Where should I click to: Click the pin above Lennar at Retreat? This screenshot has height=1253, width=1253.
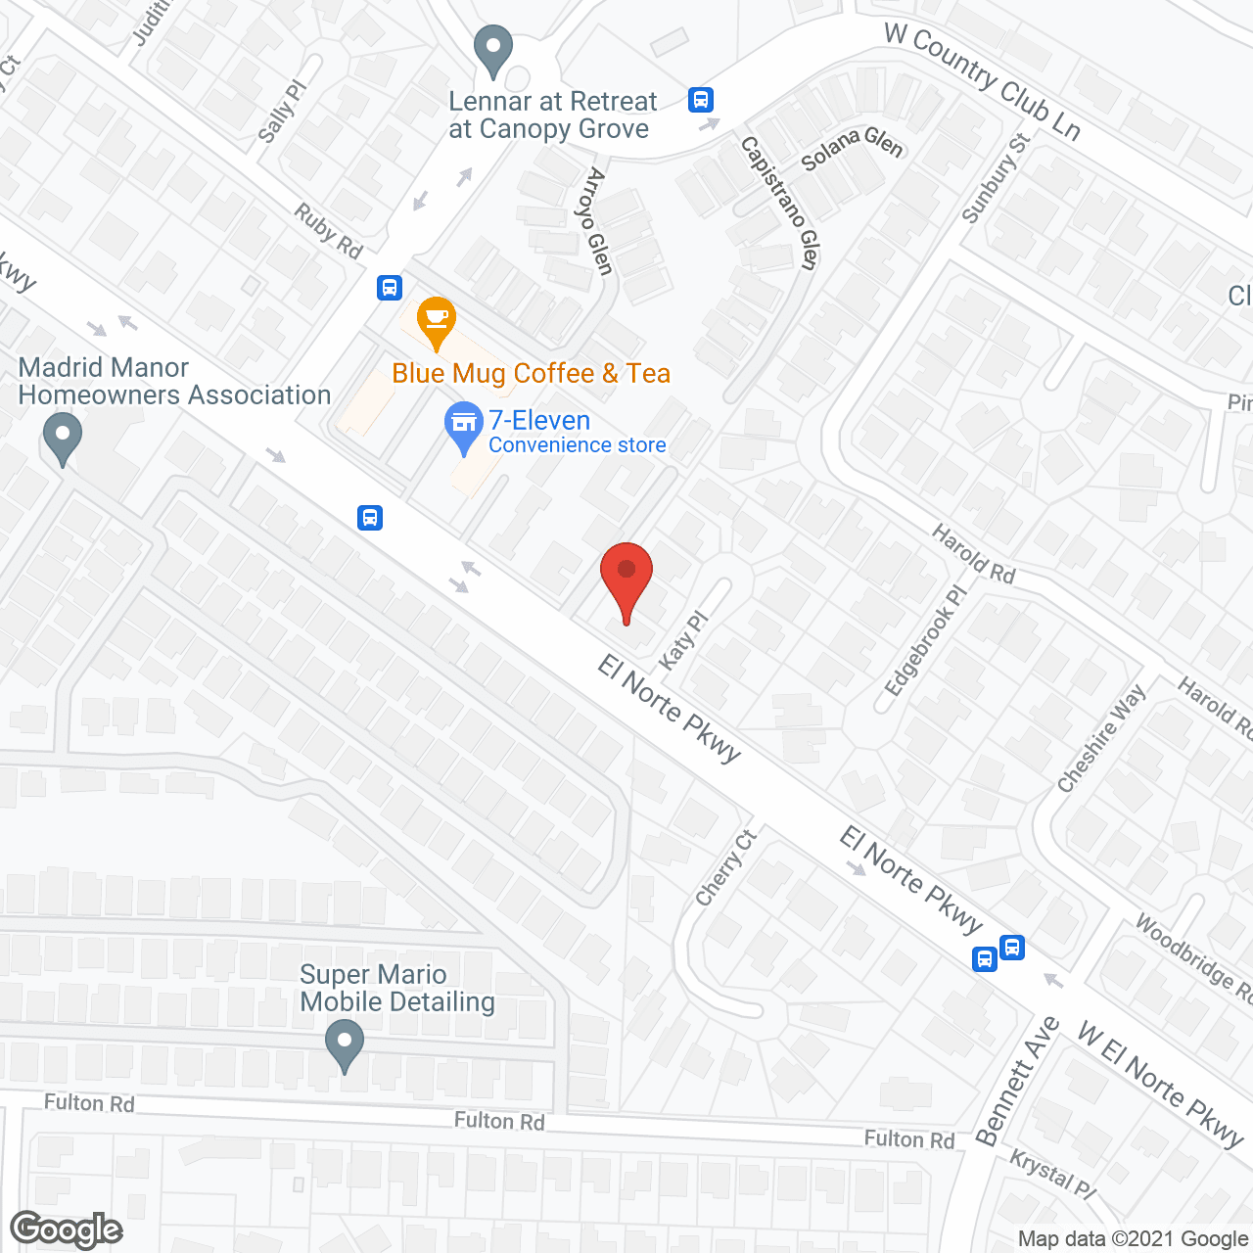coord(493,49)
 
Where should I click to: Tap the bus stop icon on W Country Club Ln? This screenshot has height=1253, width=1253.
coord(701,100)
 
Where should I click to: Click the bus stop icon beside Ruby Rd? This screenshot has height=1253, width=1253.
coord(390,288)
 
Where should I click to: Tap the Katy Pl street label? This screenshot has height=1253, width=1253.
coord(682,641)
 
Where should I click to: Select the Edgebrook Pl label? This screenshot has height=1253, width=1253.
coord(925,640)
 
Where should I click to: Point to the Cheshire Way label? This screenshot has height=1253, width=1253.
coord(1101,738)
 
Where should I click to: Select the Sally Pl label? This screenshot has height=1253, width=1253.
coord(282,111)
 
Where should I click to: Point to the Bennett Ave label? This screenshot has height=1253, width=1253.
coord(1018,1081)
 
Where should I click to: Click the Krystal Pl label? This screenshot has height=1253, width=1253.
coord(1052,1174)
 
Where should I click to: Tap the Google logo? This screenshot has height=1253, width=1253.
coord(67,1230)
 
